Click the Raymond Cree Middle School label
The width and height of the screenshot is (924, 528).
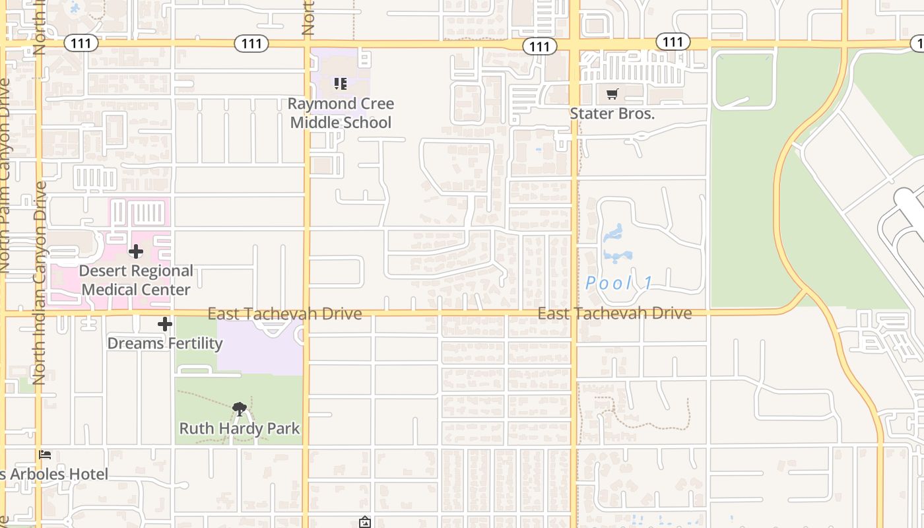pyautogui.click(x=341, y=113)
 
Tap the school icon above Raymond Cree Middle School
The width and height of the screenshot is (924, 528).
pyautogui.click(x=341, y=84)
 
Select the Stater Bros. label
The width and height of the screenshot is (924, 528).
pyautogui.click(x=612, y=113)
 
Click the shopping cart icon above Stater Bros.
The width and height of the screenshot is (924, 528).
pyautogui.click(x=612, y=94)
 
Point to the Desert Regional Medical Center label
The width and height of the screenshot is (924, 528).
pyautogui.click(x=136, y=280)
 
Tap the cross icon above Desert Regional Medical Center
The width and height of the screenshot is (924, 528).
pyautogui.click(x=136, y=251)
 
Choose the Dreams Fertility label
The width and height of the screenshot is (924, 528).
pyautogui.click(x=165, y=343)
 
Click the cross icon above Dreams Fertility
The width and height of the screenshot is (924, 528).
pyautogui.click(x=165, y=324)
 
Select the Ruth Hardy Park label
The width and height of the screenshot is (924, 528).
pyautogui.click(x=240, y=428)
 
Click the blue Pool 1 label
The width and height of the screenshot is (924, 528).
pyautogui.click(x=619, y=283)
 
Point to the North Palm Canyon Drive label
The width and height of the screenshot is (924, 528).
pyautogui.click(x=5, y=176)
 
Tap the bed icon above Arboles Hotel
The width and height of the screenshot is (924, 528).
pyautogui.click(x=45, y=455)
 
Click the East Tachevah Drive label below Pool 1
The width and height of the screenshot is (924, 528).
pyautogui.click(x=614, y=313)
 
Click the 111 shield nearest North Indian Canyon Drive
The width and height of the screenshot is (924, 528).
pyautogui.click(x=81, y=44)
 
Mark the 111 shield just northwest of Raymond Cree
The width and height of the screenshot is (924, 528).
pyautogui.click(x=251, y=44)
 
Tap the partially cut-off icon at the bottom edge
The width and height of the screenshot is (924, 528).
pyautogui.click(x=365, y=523)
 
